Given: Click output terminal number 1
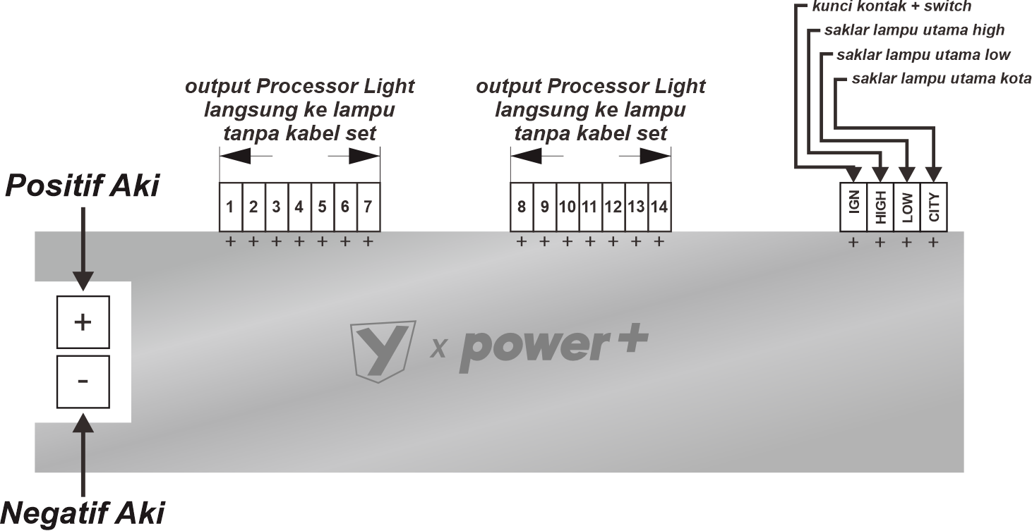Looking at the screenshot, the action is click(231, 207).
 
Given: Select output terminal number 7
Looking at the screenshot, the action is click(368, 207).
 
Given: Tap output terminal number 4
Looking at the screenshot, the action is click(300, 207).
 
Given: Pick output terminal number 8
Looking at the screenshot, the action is click(522, 207).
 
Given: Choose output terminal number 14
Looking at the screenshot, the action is click(660, 207).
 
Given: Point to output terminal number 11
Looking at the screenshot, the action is click(591, 207).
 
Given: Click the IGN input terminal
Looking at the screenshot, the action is click(853, 207).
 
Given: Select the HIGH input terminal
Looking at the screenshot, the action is click(880, 207).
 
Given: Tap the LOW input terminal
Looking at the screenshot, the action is click(907, 207).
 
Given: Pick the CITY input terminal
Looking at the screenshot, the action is click(934, 207).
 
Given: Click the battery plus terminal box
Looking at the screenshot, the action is click(83, 322).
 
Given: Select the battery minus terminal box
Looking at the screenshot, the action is click(83, 382).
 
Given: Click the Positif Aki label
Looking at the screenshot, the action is click(82, 186).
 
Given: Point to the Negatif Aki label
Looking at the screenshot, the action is click(82, 513).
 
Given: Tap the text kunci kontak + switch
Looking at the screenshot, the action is click(892, 6).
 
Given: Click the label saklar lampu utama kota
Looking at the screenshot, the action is click(942, 79).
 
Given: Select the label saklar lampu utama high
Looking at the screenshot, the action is click(915, 30).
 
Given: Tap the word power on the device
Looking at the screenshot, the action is click(535, 350).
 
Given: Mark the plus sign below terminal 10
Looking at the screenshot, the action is click(568, 242).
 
